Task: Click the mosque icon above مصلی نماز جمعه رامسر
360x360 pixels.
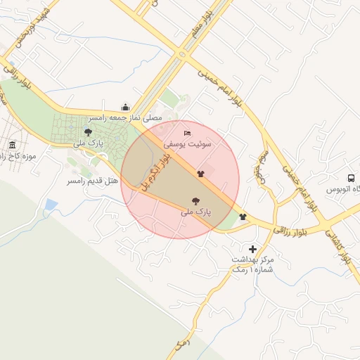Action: [126, 107]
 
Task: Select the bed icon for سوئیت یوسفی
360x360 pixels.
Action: [187, 133]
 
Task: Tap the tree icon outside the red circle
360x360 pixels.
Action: [87, 131]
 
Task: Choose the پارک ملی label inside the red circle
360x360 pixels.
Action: [195, 210]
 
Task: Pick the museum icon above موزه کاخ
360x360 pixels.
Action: [12, 145]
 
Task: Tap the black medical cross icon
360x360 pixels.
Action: [252, 249]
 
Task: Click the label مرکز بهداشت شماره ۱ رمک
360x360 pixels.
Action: [254, 264]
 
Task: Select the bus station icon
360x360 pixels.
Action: [350, 178]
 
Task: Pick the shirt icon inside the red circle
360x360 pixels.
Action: [200, 172]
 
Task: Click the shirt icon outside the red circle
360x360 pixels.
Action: [243, 217]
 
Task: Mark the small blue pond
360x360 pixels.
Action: [50, 205]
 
